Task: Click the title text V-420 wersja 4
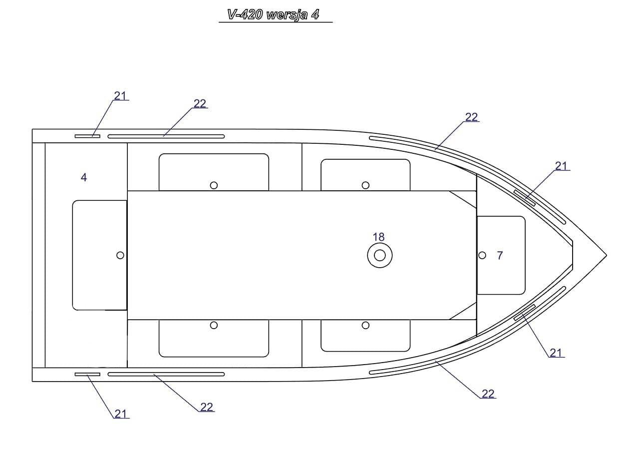(x=273, y=14)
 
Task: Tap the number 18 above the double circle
(x=378, y=237)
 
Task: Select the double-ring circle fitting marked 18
(x=380, y=255)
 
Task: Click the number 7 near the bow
(x=500, y=255)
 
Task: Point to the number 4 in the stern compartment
(x=83, y=177)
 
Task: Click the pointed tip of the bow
(x=607, y=255)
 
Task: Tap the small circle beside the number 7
(x=482, y=255)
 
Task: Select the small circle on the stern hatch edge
(x=120, y=255)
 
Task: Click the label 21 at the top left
(x=120, y=96)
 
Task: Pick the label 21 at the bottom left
(x=120, y=414)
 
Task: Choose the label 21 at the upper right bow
(x=561, y=166)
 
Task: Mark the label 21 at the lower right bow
(x=556, y=353)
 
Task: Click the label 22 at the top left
(x=200, y=103)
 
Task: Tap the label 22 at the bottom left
(x=207, y=407)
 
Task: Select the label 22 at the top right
(x=471, y=117)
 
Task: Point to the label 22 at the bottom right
(x=488, y=394)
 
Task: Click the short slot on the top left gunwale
(x=87, y=136)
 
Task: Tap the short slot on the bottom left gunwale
(x=87, y=374)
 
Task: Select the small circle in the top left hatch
(x=214, y=185)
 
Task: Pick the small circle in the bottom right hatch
(x=365, y=325)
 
